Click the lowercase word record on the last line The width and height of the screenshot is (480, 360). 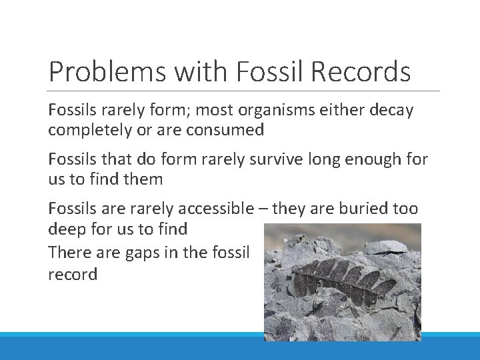point(73,274)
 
